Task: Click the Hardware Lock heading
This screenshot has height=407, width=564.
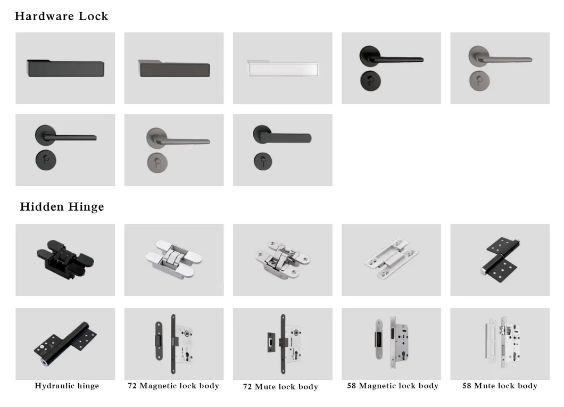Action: pyautogui.click(x=61, y=16)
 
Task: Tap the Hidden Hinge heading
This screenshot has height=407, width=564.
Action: pyautogui.click(x=62, y=207)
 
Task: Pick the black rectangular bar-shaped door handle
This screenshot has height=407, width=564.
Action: pyautogui.click(x=65, y=69)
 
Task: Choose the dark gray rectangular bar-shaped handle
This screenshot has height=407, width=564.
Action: pyautogui.click(x=173, y=69)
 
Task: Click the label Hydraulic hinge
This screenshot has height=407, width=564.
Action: pyautogui.click(x=67, y=386)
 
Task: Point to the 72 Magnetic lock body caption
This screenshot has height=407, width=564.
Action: pyautogui.click(x=173, y=386)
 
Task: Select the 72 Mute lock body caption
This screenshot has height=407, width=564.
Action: pyautogui.click(x=280, y=387)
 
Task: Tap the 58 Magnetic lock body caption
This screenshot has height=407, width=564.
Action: pyautogui.click(x=393, y=386)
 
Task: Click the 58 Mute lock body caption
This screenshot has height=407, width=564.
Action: pyautogui.click(x=500, y=386)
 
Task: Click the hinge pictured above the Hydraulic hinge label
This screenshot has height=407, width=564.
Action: pyautogui.click(x=65, y=342)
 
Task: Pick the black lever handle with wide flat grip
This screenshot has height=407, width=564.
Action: pyautogui.click(x=282, y=137)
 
